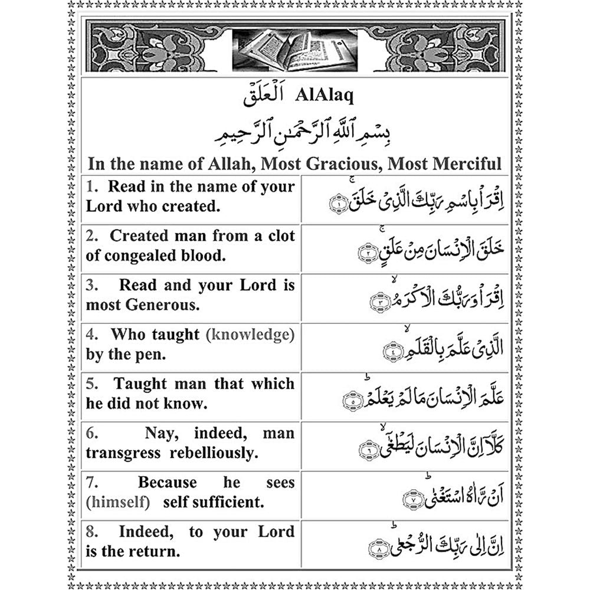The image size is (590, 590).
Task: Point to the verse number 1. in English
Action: [92, 187]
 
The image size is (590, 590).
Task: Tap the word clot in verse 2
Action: [277, 236]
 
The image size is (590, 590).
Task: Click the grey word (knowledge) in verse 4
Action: [250, 335]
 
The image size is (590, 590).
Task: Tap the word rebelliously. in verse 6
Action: [214, 453]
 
